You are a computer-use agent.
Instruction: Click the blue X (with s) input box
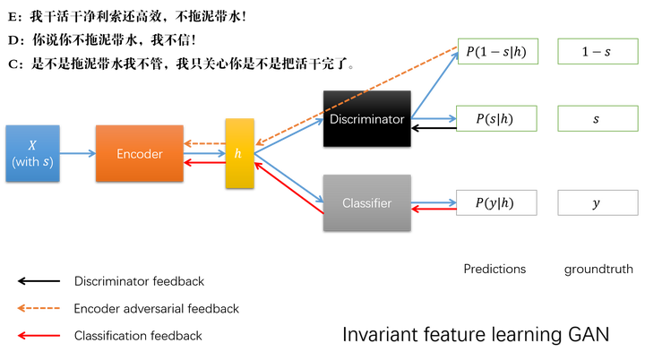click(x=33, y=154)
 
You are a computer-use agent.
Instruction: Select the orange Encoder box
click(x=140, y=154)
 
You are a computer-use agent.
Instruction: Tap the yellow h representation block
click(x=239, y=153)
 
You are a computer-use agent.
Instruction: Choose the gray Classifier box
click(x=366, y=203)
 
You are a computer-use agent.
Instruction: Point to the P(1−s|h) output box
click(x=497, y=53)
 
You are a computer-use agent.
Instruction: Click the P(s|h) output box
click(x=497, y=117)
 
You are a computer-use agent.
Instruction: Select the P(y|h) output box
click(x=497, y=203)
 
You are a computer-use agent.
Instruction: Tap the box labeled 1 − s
click(x=596, y=53)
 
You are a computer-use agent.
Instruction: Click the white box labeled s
click(x=596, y=117)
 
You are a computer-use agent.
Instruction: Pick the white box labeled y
click(x=596, y=203)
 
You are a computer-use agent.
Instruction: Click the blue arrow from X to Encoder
click(x=79, y=154)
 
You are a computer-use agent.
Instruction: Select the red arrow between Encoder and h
click(x=204, y=163)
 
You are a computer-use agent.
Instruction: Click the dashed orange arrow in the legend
click(x=39, y=308)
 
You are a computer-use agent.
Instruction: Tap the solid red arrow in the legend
click(x=39, y=336)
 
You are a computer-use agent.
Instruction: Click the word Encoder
click(x=140, y=154)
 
